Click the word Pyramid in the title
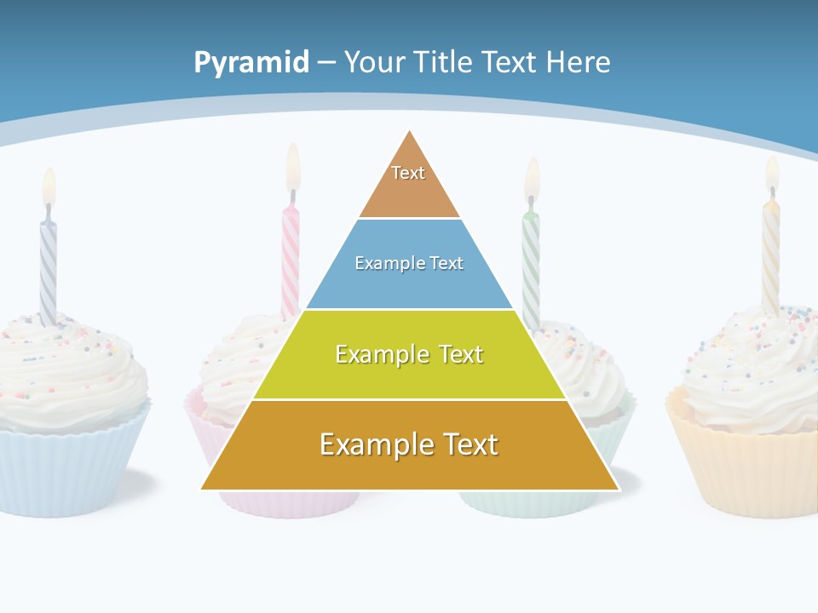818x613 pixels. point(251,63)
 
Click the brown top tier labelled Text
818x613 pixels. point(409,183)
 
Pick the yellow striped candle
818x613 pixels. point(770,255)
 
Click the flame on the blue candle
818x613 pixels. point(49,187)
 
